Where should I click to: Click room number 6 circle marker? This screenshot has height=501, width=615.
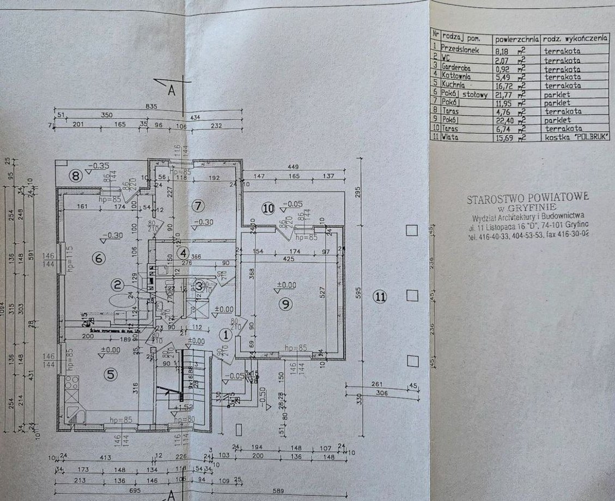(99, 258)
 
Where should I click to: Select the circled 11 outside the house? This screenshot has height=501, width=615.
(380, 297)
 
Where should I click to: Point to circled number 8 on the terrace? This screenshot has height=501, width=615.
(76, 176)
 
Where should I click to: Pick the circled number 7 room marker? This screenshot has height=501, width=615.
(198, 206)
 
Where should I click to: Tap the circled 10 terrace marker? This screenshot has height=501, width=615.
(267, 208)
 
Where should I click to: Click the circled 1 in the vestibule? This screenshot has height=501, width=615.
(225, 335)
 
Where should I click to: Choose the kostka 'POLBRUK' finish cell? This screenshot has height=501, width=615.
(576, 137)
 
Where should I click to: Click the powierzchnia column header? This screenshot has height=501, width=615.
(516, 40)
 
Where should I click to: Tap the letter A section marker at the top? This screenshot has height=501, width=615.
(171, 91)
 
